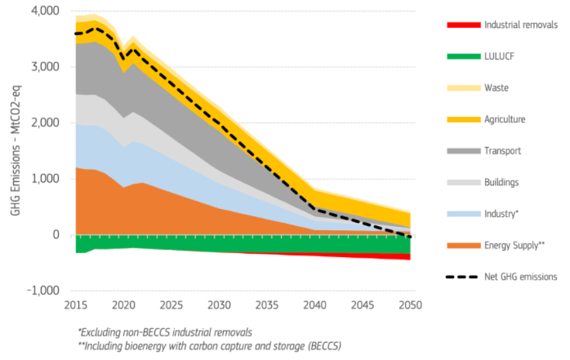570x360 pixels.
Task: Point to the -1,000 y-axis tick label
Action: click(x=42, y=291)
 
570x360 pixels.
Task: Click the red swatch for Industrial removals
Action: click(x=463, y=25)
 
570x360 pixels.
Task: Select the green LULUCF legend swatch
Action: click(x=463, y=57)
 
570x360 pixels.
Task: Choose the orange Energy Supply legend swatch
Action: click(x=463, y=246)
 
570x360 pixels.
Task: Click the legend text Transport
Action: click(x=502, y=151)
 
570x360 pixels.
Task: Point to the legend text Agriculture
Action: click(x=505, y=119)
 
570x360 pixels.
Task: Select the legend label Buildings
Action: click(x=501, y=183)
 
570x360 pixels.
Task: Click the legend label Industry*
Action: click(x=501, y=214)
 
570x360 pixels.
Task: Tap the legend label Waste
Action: click(x=496, y=88)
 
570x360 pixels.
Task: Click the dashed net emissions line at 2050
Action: click(x=410, y=236)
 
